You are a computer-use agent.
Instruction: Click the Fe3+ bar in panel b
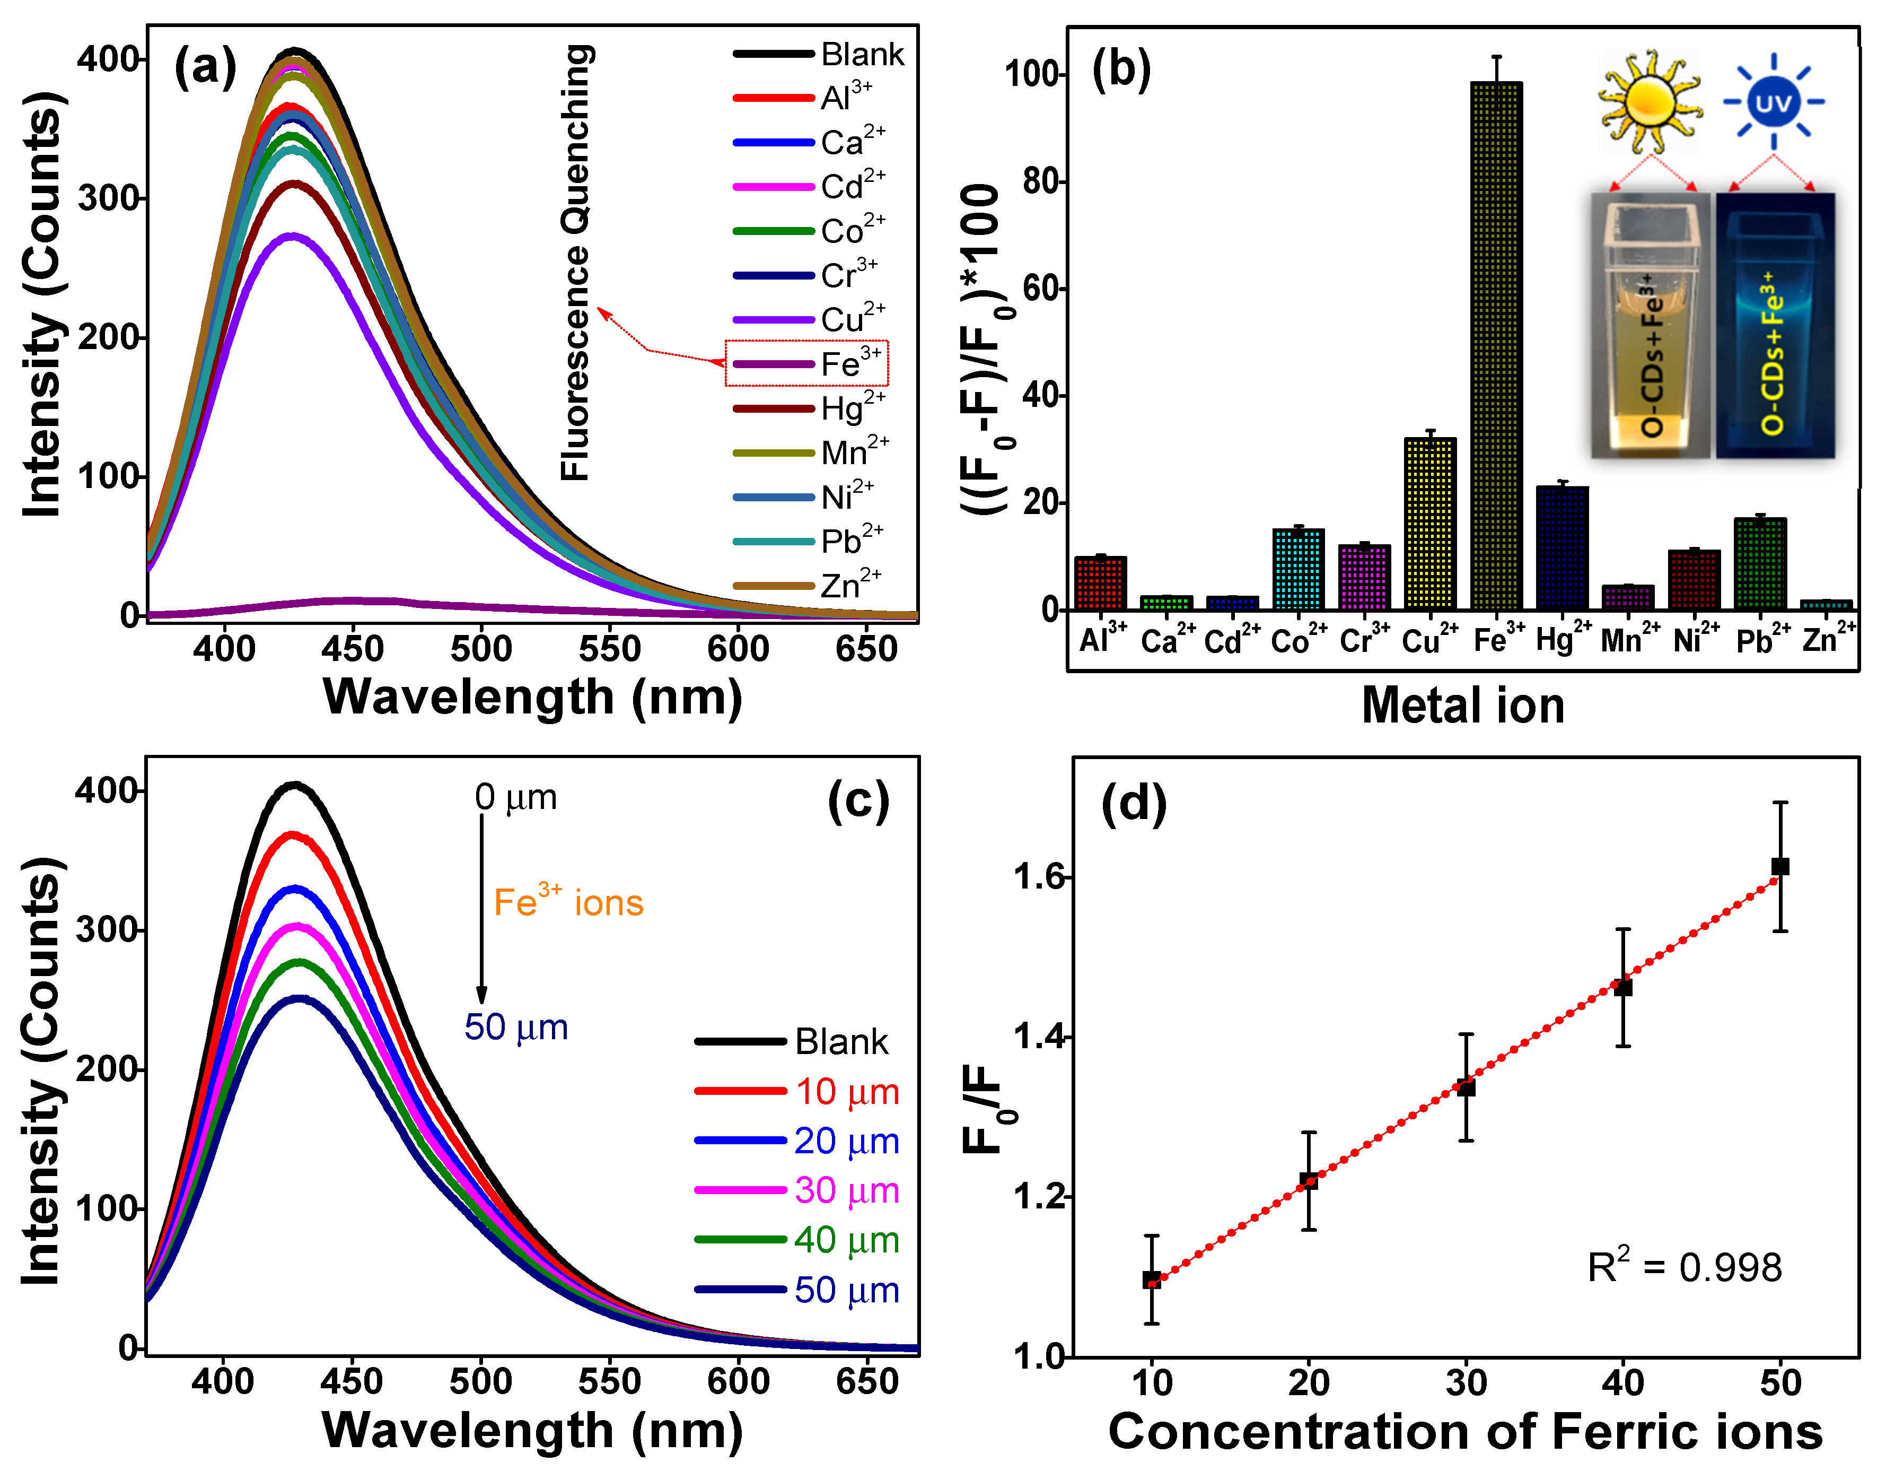(1496, 345)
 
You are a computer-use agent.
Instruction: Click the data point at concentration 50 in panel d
(1780, 866)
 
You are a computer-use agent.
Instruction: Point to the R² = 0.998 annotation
(1684, 1267)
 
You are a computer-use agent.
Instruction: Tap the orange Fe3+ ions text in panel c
(568, 903)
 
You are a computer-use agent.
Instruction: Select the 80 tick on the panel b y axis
(1043, 181)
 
